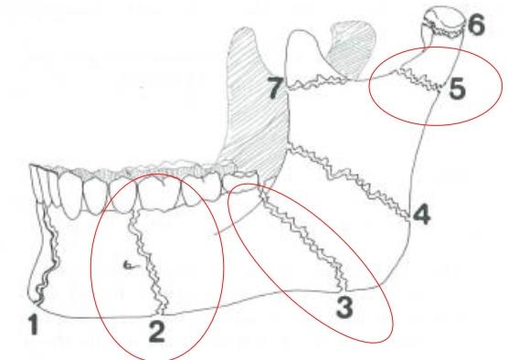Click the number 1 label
coord(34,324)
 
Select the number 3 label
coord(344,307)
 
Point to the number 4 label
coord(421,214)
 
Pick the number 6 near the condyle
coord(476,25)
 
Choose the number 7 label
coord(275,88)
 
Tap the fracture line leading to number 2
coord(147,262)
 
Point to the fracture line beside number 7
coord(319,82)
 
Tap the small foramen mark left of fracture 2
coord(130,265)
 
